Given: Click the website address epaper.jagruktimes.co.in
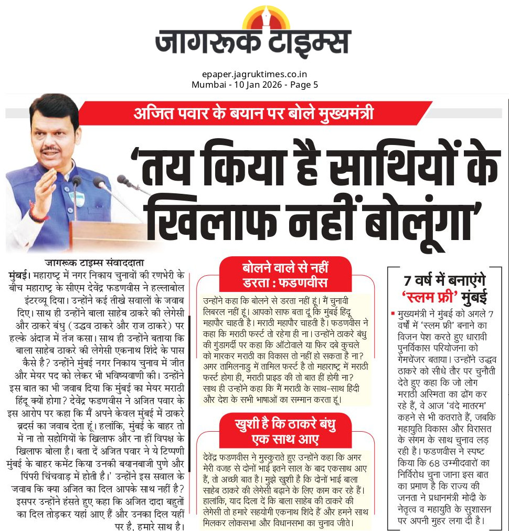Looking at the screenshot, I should (254, 75).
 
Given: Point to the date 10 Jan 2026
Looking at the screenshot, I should (249, 85).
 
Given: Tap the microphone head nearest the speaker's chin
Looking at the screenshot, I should (76, 181).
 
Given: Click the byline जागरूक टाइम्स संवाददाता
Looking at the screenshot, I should (94, 263).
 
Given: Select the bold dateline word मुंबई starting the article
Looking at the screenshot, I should (19, 275).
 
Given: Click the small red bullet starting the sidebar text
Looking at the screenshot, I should (393, 314).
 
